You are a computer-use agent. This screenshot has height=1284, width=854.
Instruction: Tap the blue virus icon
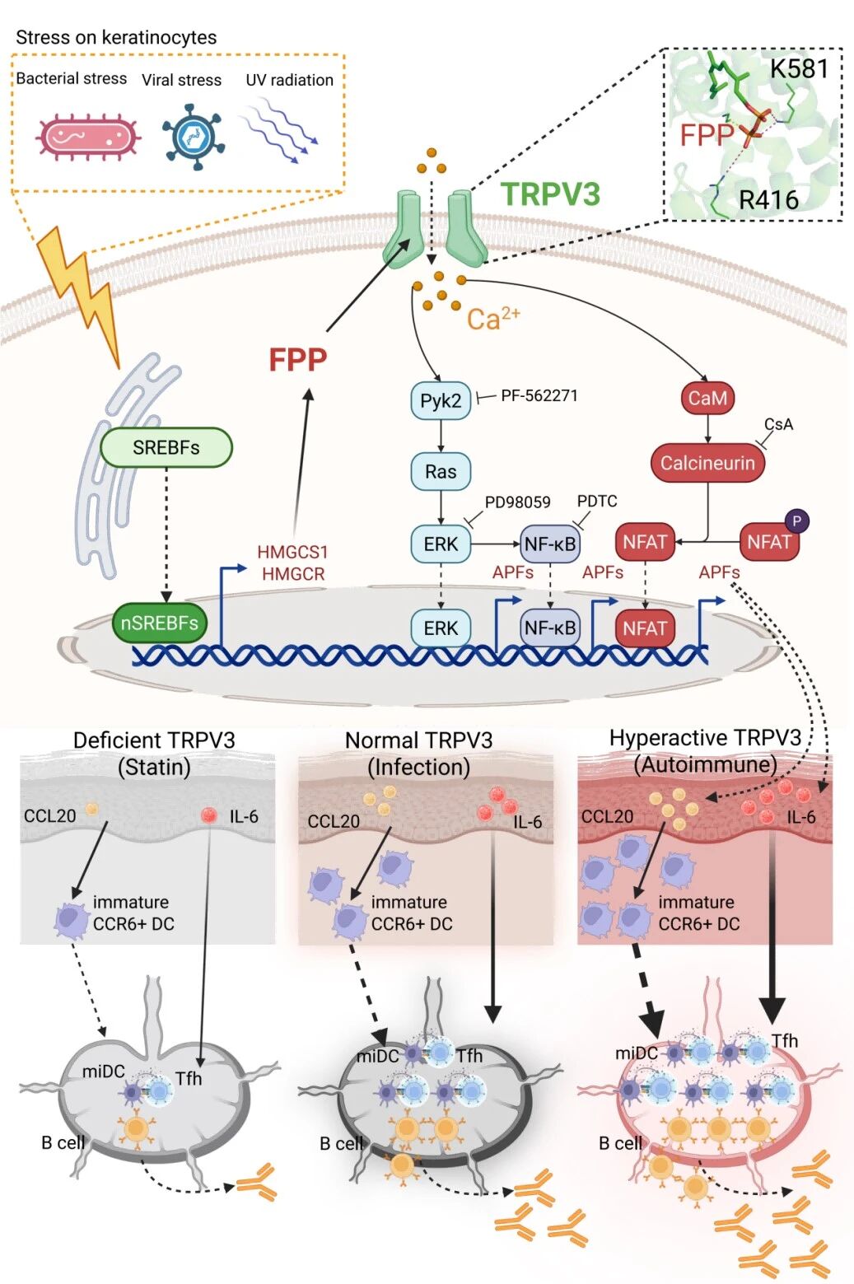194,137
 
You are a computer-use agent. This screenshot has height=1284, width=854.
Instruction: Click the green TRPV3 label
550,194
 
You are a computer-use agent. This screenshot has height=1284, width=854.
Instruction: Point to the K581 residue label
798,68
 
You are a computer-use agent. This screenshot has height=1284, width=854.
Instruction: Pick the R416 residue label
768,199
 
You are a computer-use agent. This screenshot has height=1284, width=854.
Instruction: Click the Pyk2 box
441,401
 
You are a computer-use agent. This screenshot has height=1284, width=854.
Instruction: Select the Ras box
441,472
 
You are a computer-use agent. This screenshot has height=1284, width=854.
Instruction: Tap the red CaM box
707,398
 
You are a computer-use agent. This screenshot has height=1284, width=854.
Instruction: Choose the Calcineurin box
707,463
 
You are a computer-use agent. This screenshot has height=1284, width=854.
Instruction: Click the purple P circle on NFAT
796,521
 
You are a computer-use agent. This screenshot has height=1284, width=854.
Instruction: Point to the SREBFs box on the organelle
166,448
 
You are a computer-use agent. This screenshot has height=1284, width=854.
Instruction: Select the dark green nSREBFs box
159,623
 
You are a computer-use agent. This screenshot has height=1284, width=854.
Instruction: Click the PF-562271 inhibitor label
539,395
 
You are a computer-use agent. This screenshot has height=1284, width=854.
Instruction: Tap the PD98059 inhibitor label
517,502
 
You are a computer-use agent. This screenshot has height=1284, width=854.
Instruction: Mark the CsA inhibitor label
778,424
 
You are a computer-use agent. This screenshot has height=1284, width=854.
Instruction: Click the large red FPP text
298,360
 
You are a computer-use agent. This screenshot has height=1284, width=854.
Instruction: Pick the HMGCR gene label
293,574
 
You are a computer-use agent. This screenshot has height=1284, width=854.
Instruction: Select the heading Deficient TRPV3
154,740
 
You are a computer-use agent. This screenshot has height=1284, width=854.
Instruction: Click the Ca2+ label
493,318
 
